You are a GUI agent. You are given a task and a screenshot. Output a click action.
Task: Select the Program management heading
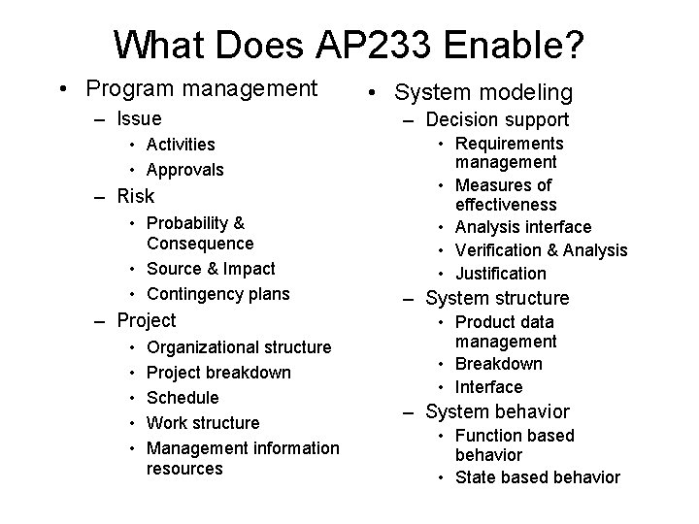201,89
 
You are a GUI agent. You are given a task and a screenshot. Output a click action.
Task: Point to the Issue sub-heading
139,119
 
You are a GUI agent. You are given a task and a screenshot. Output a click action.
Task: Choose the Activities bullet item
181,145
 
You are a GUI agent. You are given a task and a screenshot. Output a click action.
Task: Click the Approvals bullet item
184,170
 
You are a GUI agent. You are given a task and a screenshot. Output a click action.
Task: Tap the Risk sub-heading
136,195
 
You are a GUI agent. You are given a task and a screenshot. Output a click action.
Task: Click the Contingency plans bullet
217,293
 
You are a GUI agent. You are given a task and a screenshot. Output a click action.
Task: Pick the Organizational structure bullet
239,346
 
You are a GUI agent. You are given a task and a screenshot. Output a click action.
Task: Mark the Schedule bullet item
183,397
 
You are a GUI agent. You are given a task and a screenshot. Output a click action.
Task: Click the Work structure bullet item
203,422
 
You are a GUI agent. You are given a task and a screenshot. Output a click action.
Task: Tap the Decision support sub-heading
497,120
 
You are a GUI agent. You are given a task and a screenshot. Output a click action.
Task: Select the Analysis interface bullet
522,226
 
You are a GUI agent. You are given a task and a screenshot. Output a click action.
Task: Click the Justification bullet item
501,273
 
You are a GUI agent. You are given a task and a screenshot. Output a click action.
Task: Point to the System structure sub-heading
497,298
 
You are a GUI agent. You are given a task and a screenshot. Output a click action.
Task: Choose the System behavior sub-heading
497,411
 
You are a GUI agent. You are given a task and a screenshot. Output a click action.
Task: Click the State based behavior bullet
537,476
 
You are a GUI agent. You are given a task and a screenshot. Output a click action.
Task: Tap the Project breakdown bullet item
218,372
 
